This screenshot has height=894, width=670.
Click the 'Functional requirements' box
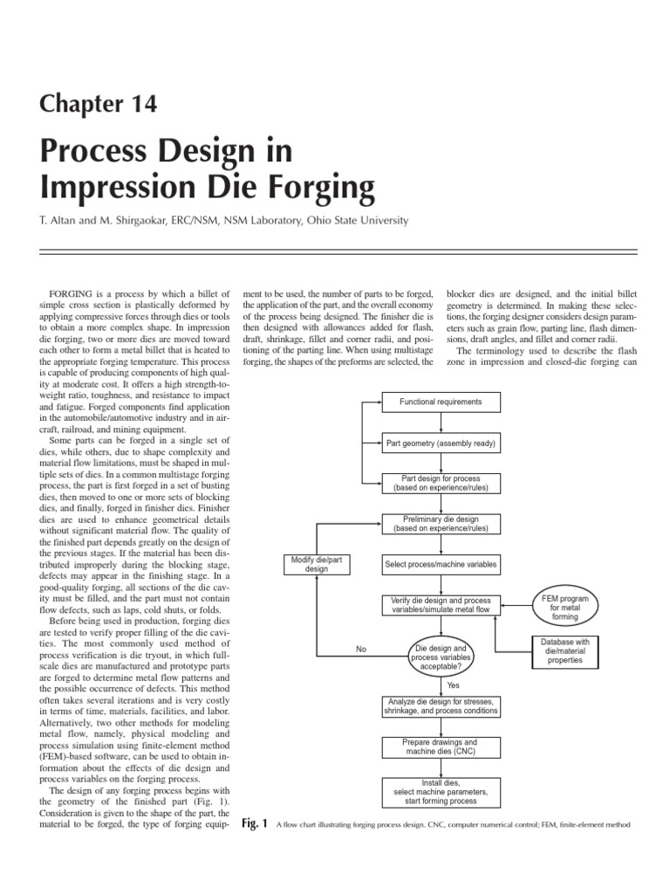tap(441, 402)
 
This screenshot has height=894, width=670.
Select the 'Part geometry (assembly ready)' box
tap(441, 444)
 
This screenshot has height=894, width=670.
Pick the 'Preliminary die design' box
tap(441, 524)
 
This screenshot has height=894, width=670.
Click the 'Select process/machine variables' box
tap(441, 564)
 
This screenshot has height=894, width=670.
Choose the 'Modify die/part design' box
tap(317, 564)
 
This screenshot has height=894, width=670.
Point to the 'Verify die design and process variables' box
tap(441, 605)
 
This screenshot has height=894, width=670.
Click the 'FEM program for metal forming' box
tap(564, 605)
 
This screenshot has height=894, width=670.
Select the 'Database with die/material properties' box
tap(564, 651)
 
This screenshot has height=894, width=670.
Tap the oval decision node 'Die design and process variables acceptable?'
tap(441, 656)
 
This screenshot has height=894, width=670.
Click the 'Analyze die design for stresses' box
tap(441, 706)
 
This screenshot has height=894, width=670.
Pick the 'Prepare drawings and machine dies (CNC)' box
tap(441, 746)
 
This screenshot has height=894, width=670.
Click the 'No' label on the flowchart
tap(362, 649)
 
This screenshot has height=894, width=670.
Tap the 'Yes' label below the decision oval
tap(453, 684)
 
